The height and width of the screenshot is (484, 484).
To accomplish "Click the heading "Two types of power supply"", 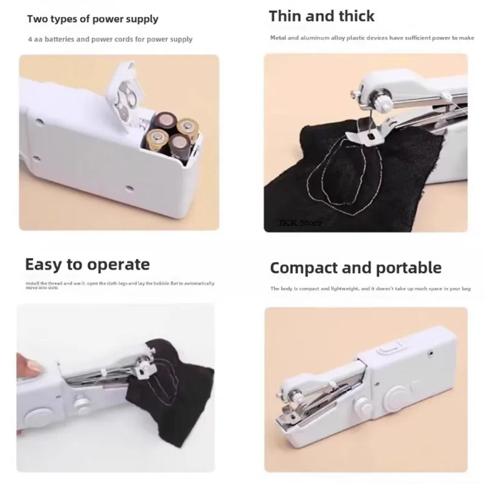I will pos(93,19).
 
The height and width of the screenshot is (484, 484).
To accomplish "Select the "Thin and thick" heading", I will pos(321,16).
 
